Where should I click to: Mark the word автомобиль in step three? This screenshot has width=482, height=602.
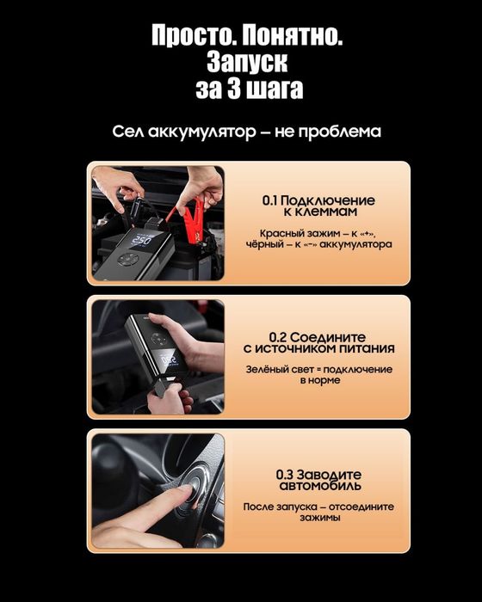click(x=318, y=486)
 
